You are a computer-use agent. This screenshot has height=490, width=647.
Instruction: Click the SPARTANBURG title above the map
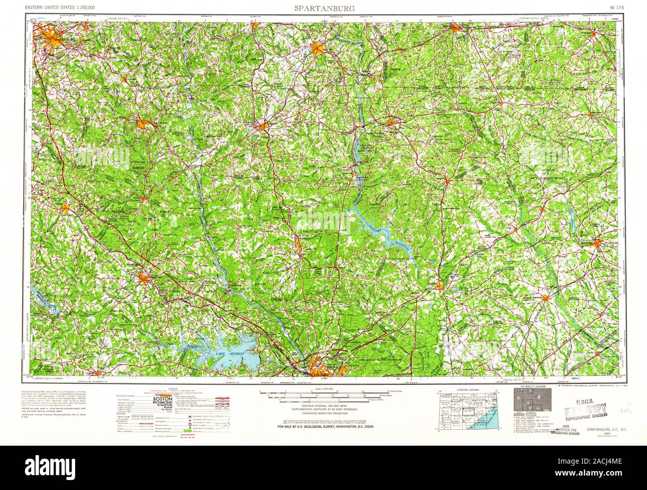coord(323,8)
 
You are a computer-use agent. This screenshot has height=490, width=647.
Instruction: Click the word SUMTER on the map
coord(137,169)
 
